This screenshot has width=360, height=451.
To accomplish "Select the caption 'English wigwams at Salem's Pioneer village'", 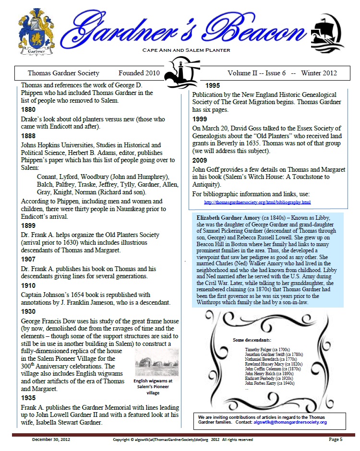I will [153, 387].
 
